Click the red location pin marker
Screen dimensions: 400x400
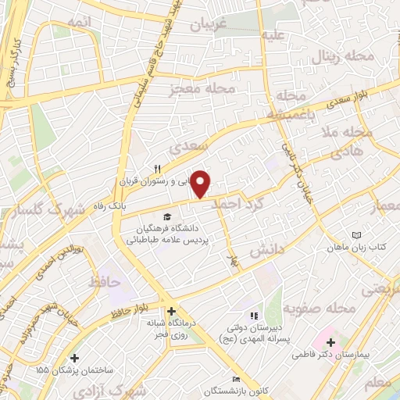[x=202, y=183]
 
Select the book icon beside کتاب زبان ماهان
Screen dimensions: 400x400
[x=357, y=235]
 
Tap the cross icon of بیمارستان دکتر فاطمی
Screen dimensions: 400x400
[x=330, y=342]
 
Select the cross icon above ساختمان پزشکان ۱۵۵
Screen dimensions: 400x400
[x=74, y=358]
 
